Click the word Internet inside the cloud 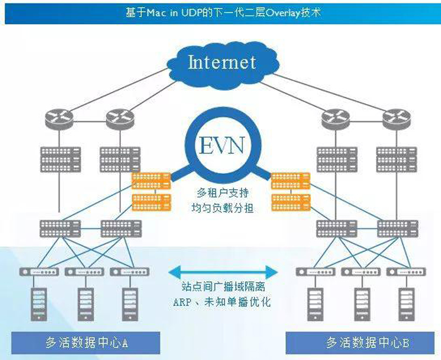click(222, 62)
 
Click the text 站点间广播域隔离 click(222, 287)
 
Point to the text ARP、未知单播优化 click(222, 302)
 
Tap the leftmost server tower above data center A click(39, 302)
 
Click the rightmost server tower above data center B click(406, 302)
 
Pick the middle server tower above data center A click(84, 302)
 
